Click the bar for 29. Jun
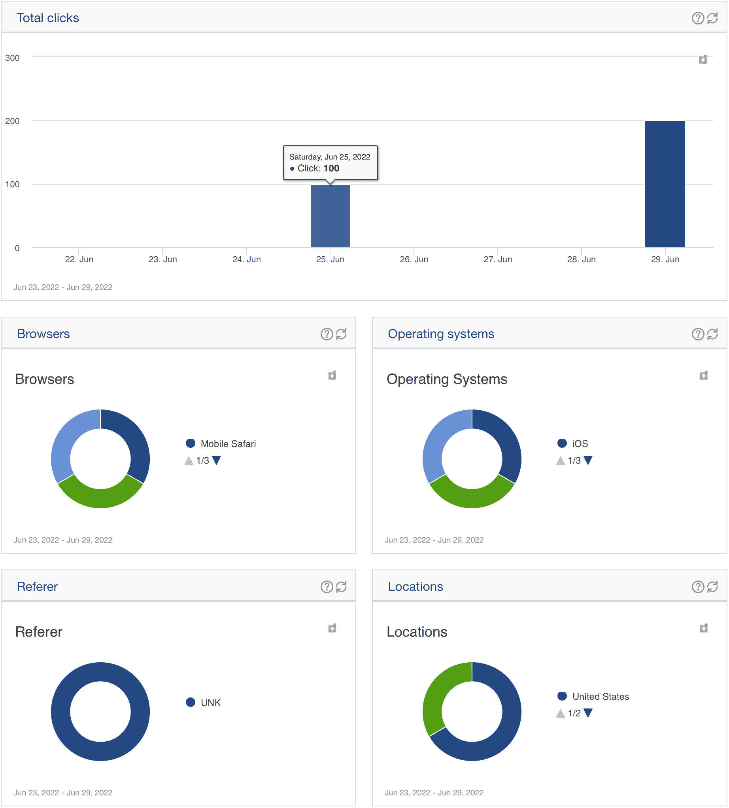coord(665,184)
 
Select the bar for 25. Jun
coord(330,216)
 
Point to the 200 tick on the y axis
coord(12,121)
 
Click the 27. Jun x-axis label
coord(497,259)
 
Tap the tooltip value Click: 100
coord(318,168)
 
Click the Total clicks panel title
coord(48,18)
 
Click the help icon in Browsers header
coord(327,334)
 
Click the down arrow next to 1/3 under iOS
coord(587,460)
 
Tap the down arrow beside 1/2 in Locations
coord(587,713)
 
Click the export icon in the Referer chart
coord(332,628)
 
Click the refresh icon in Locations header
coord(712,587)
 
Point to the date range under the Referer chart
coord(63,792)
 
